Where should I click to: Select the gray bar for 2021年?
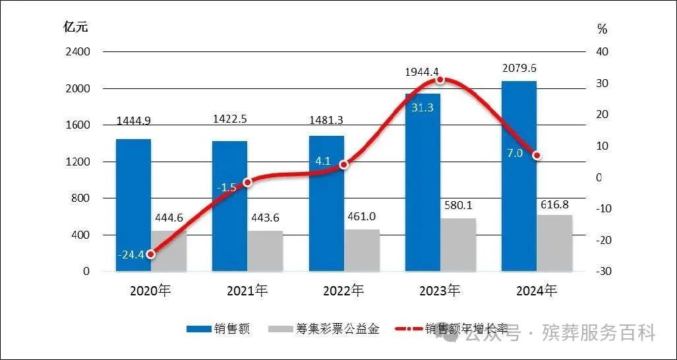[265, 251]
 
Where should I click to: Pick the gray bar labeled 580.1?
[458, 245]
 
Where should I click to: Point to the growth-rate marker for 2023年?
[440, 80]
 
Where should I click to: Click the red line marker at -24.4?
[151, 254]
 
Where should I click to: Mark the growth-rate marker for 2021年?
[247, 182]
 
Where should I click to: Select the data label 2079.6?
[519, 68]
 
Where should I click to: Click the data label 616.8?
[554, 203]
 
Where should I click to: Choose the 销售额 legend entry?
[218, 329]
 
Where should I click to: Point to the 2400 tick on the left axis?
[78, 51]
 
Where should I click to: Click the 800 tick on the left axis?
[82, 198]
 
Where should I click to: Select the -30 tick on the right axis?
[603, 272]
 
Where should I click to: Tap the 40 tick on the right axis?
[603, 51]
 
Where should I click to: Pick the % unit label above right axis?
[602, 28]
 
